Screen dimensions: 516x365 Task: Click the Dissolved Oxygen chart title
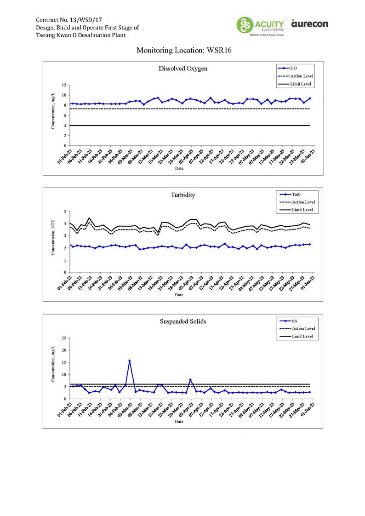point(182,69)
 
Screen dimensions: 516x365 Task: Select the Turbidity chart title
point(182,195)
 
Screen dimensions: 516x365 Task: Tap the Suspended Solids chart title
point(182,321)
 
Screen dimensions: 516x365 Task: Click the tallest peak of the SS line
point(130,361)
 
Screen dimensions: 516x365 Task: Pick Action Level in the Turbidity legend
point(303,202)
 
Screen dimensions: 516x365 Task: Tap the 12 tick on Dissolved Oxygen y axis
point(64,85)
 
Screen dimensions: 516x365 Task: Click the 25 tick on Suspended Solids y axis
point(64,338)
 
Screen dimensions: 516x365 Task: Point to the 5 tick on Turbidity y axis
point(65,212)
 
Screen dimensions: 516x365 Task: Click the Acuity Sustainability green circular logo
point(245,25)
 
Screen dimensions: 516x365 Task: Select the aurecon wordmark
point(309,23)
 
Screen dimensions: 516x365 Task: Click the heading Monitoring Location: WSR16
point(182,50)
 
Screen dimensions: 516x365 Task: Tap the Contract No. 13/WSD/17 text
point(67,20)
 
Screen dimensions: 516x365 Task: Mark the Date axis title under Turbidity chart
point(179,295)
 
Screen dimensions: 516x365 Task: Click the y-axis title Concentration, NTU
point(54,241)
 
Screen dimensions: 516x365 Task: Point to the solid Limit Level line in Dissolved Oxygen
point(184,126)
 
